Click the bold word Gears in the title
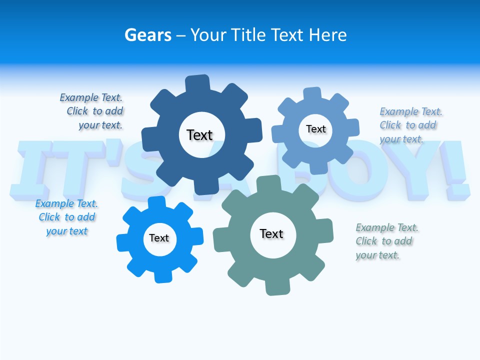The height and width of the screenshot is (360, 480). pos(147,35)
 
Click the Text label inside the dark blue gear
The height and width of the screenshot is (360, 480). pos(199,135)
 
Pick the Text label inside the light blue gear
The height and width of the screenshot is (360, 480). pos(315,129)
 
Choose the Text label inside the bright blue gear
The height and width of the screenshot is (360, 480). pos(159,238)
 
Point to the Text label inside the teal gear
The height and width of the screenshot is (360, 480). pos(271,233)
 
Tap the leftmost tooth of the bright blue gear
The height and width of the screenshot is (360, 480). pos(123,242)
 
